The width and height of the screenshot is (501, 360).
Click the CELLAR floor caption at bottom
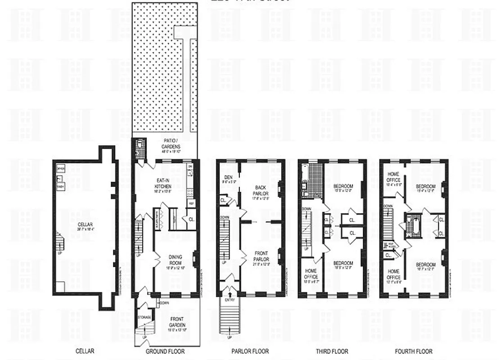(85, 351)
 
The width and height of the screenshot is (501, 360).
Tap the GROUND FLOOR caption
(166, 351)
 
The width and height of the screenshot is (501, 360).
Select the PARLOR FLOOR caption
(250, 351)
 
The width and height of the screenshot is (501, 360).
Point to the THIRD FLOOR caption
(332, 351)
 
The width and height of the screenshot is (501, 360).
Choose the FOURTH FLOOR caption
(414, 351)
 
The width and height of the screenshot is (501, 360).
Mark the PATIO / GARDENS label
(172, 145)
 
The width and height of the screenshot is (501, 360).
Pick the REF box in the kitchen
(191, 203)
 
